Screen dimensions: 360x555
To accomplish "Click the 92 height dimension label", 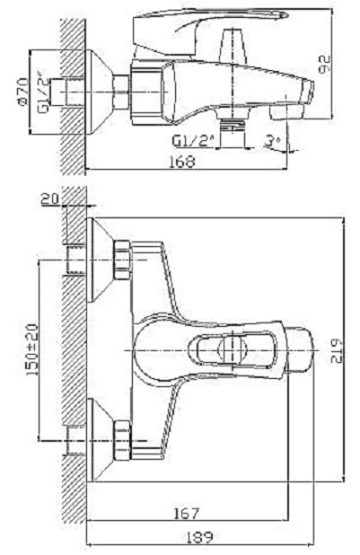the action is [x=324, y=64].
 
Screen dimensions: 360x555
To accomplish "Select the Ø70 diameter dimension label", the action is [x=23, y=92].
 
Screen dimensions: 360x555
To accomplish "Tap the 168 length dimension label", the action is [x=182, y=162].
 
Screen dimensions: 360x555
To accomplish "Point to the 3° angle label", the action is [x=272, y=142].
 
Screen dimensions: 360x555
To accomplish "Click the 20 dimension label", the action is [x=50, y=199].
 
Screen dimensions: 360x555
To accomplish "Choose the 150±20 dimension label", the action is [x=32, y=349].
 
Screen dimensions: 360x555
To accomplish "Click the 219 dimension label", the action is [x=337, y=351].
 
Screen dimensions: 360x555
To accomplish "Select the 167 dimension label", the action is [x=187, y=513].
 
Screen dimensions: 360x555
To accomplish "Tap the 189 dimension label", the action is [x=199, y=538].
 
